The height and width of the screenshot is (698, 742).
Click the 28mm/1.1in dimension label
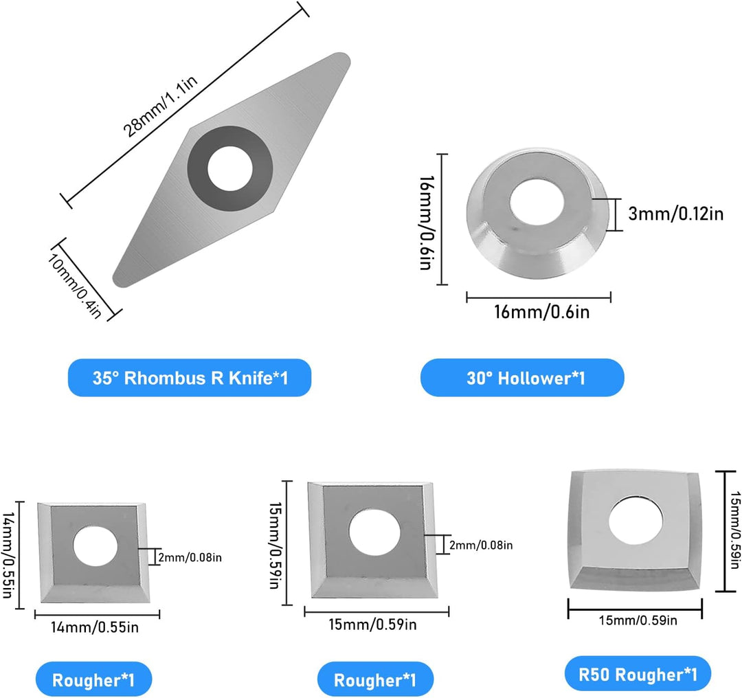[x=160, y=106]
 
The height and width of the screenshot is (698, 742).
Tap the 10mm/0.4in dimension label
[x=74, y=286]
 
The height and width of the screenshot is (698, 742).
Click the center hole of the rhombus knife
[x=230, y=168]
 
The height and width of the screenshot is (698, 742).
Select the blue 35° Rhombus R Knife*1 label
[x=190, y=378]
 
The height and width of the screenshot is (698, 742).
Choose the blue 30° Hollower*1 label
[x=522, y=378]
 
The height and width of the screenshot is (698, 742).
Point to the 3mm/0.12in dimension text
[x=676, y=214]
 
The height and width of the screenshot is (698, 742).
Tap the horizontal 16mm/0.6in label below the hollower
[x=542, y=313]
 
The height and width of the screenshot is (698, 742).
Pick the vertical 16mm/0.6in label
[x=427, y=223]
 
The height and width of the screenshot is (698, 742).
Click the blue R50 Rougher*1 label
[x=638, y=674]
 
